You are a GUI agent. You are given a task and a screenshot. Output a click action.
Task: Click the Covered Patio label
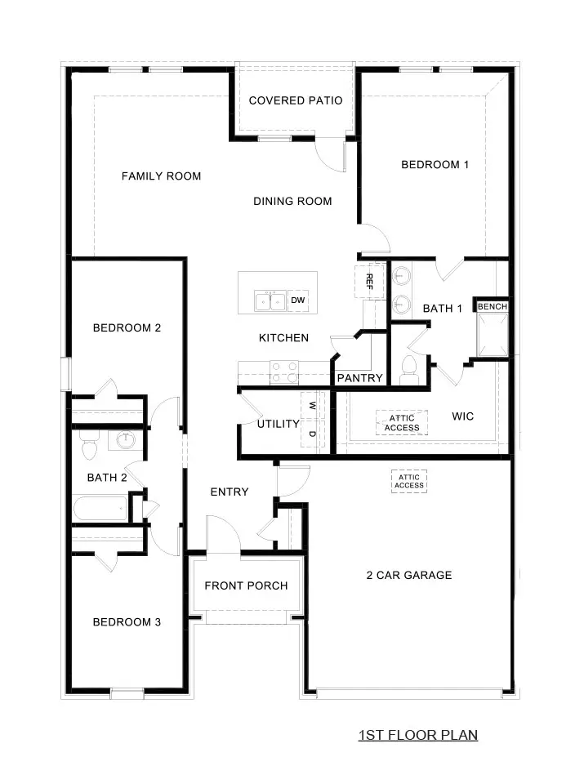pyautogui.click(x=295, y=100)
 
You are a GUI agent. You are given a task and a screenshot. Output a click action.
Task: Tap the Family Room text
pyautogui.click(x=161, y=176)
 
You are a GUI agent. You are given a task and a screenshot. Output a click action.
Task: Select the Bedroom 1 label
pyautogui.click(x=435, y=165)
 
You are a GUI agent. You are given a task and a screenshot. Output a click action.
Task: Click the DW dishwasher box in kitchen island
pyautogui.click(x=298, y=301)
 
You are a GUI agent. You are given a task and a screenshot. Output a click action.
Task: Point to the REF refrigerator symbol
pyautogui.click(x=368, y=282)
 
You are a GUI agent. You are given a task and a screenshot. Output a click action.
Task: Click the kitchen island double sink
pyautogui.click(x=270, y=301)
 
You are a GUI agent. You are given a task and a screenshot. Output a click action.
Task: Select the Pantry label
pyautogui.click(x=359, y=378)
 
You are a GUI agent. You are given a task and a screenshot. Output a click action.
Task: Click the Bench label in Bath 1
pyautogui.click(x=493, y=306)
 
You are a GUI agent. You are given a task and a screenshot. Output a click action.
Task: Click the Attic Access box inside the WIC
pyautogui.click(x=402, y=423)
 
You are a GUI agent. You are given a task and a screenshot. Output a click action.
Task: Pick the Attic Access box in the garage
pyautogui.click(x=408, y=481)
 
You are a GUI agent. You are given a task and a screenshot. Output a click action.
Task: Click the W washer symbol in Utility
pyautogui.click(x=312, y=404)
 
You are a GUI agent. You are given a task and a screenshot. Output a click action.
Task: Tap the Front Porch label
pyautogui.click(x=246, y=585)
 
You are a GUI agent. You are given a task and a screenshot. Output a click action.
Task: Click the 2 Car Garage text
pyautogui.click(x=408, y=575)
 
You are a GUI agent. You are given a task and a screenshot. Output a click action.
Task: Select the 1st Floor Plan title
pyautogui.click(x=417, y=735)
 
